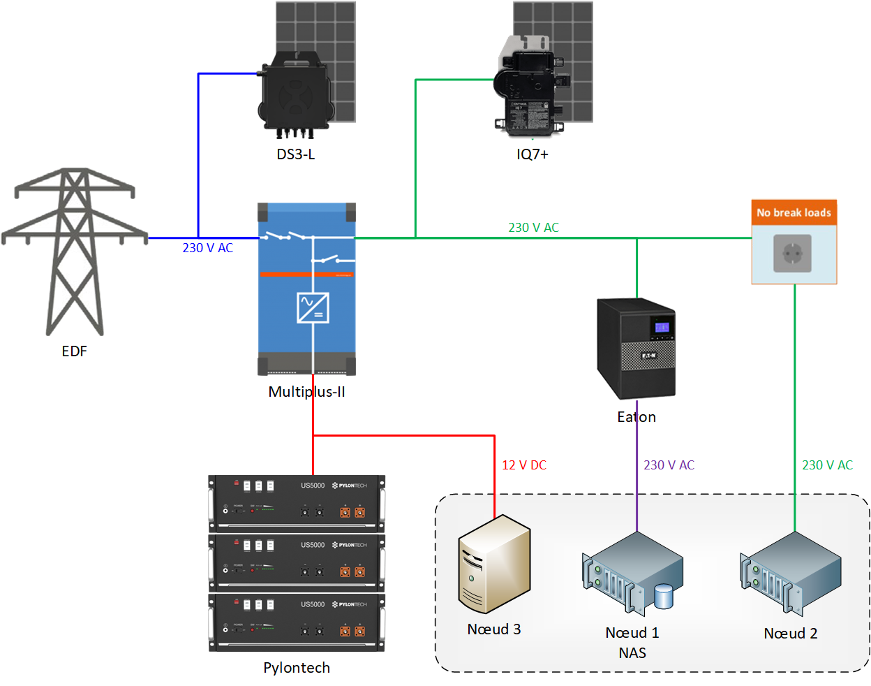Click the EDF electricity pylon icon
[x=74, y=251]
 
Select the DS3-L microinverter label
[x=296, y=154]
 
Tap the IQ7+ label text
[x=533, y=154]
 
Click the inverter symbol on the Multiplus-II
[x=313, y=307]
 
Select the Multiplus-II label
[x=306, y=392]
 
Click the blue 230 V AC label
[x=208, y=248]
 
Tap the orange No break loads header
[x=794, y=212]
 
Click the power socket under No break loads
[x=793, y=253]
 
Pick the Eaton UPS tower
[x=636, y=347]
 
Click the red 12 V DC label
[x=524, y=465]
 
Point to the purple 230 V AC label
[x=669, y=465]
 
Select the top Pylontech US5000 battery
[x=297, y=503]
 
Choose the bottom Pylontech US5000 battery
[x=297, y=622]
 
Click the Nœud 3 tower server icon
[x=494, y=564]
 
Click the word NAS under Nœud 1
[x=632, y=653]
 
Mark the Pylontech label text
[x=297, y=668]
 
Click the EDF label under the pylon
[x=75, y=351]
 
